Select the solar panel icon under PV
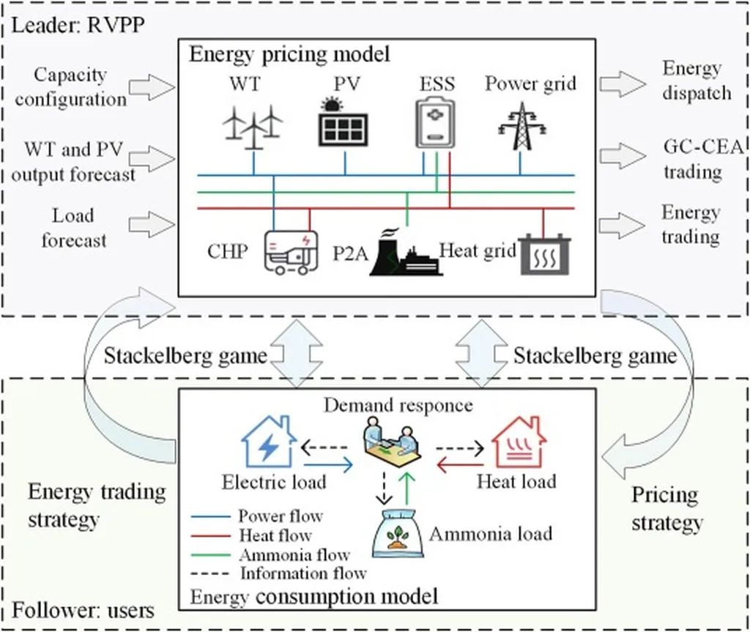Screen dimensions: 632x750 tap(344, 122)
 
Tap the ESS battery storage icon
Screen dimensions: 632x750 tap(435, 122)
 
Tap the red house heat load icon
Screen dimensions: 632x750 tap(519, 441)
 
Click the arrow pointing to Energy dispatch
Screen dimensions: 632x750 tap(620, 83)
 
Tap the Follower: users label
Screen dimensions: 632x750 tap(83, 609)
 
